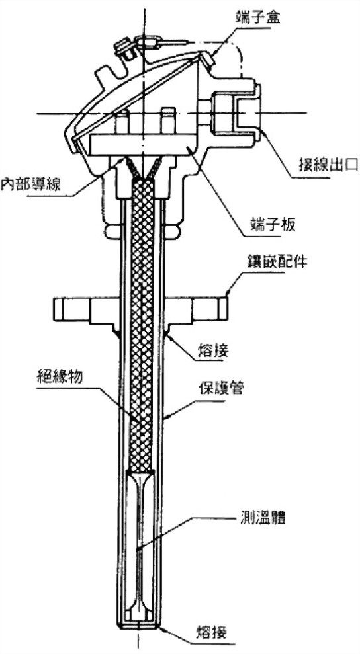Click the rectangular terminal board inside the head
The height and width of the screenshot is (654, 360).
point(143,145)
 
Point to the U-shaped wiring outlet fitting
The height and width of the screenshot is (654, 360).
point(236,112)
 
